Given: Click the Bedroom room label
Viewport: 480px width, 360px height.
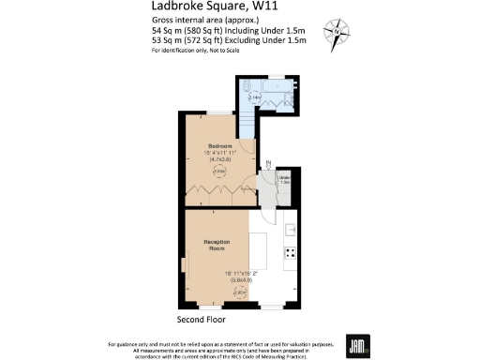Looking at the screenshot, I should [x=220, y=146].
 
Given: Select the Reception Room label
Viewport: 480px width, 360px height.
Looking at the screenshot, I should [x=217, y=246].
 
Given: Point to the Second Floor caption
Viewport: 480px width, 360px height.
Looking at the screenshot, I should [x=202, y=318].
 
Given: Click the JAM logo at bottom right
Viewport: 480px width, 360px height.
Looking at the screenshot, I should [x=357, y=343].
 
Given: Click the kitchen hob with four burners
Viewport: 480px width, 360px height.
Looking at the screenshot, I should [x=291, y=251].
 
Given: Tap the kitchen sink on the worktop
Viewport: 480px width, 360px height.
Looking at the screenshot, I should [x=292, y=229].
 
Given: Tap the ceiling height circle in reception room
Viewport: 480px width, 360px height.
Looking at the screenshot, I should [x=239, y=292].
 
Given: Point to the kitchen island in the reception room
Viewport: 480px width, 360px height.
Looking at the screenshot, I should [x=259, y=249].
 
